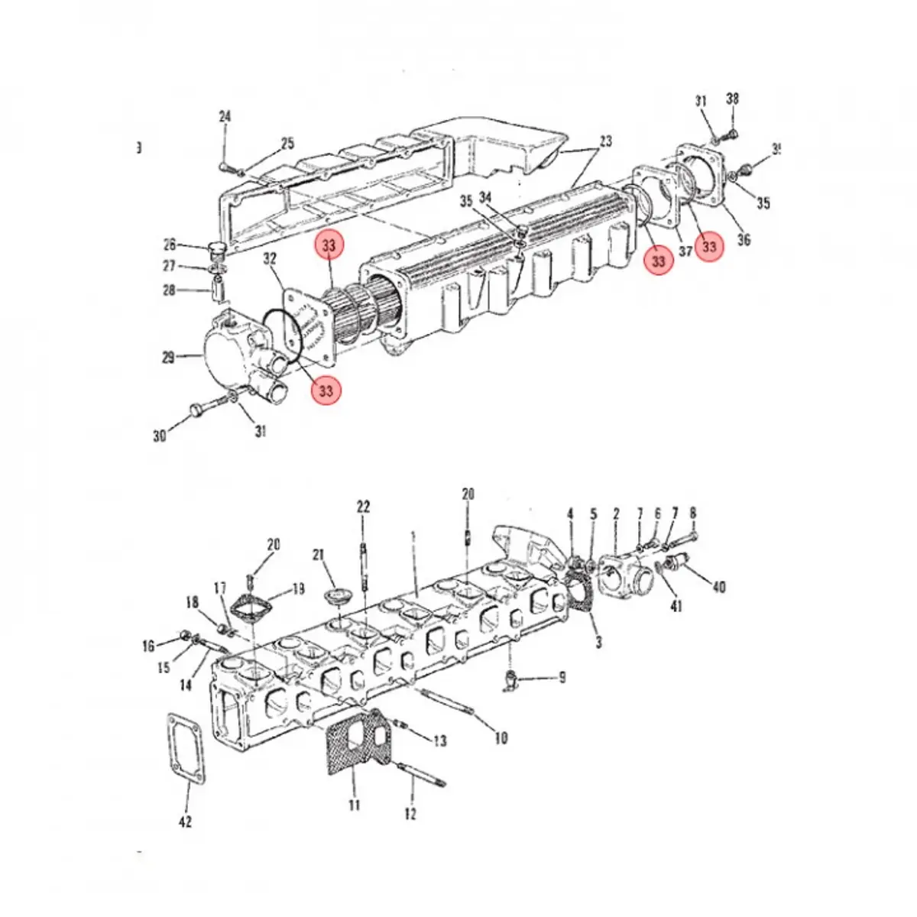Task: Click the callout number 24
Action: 225,117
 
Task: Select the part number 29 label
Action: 169,357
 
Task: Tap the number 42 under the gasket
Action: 185,821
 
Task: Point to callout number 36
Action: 744,240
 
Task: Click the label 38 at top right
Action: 732,99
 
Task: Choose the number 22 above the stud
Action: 363,507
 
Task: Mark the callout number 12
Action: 410,815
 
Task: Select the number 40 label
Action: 718,587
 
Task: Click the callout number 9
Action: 562,677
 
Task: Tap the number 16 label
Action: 148,646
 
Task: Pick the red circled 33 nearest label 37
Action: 709,247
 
